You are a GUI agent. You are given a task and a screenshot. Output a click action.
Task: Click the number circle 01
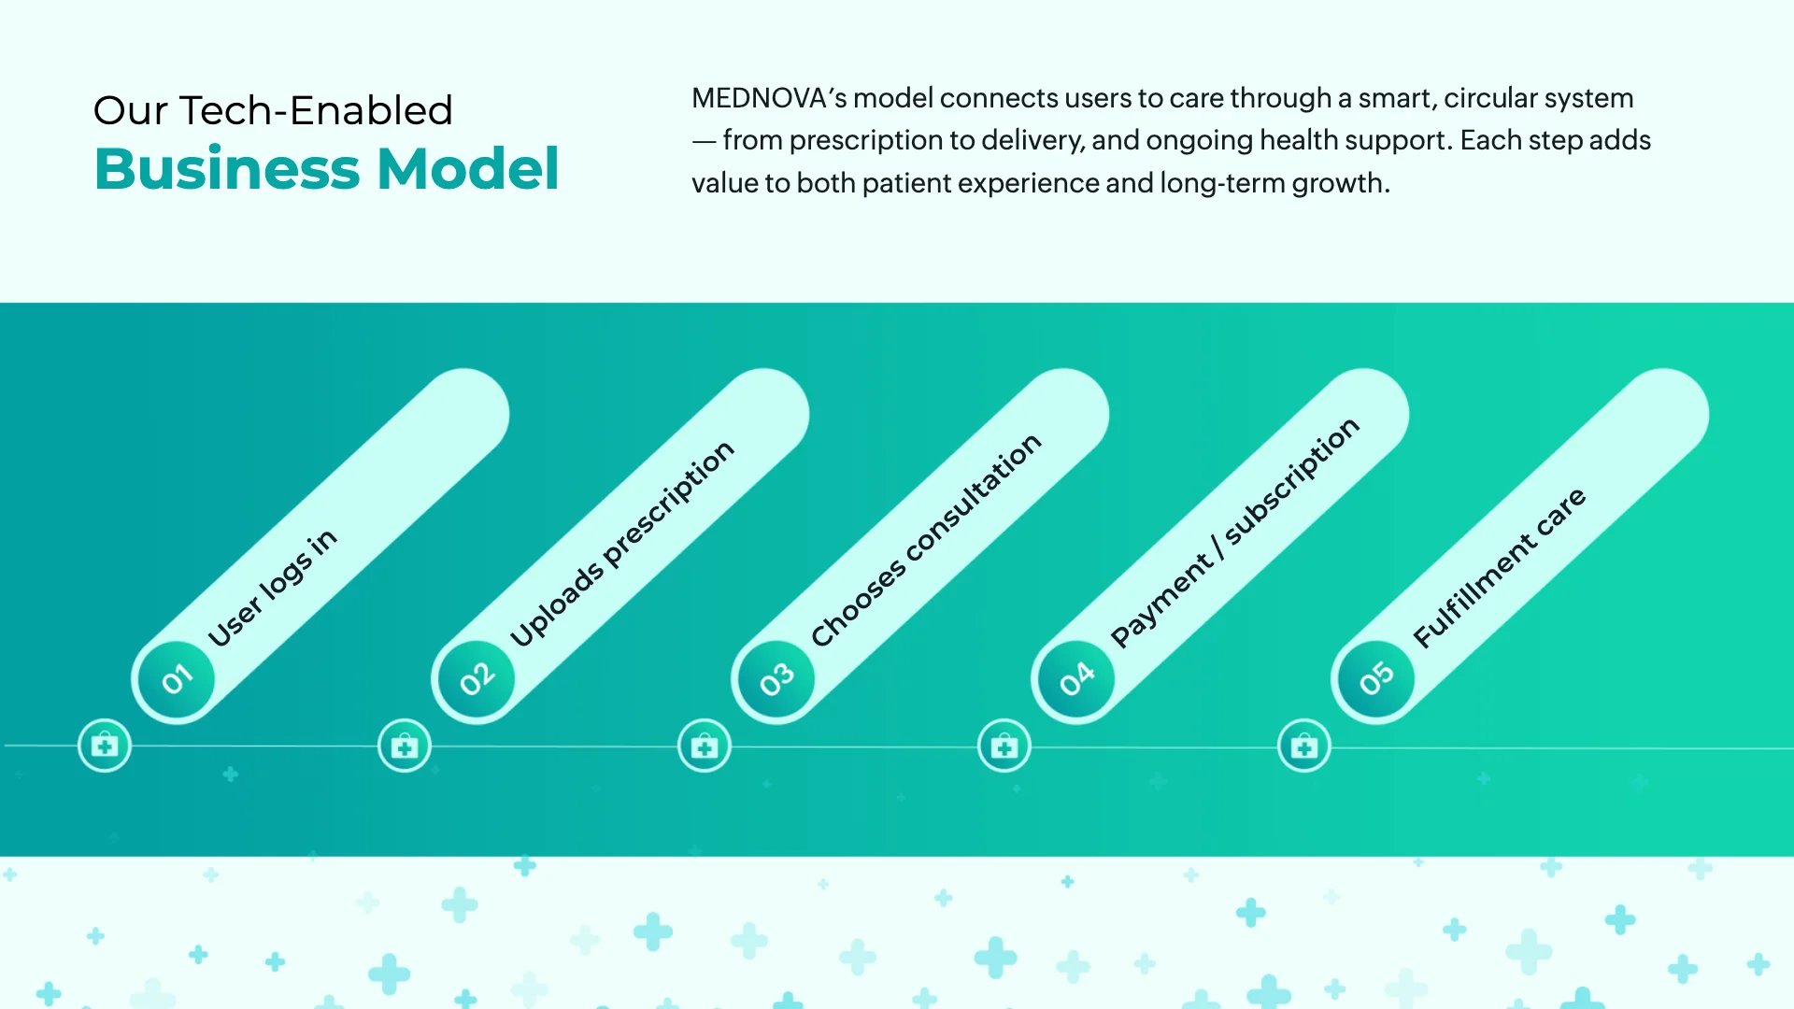pyautogui.click(x=177, y=679)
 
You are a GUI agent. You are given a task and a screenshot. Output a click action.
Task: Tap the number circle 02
pyautogui.click(x=477, y=679)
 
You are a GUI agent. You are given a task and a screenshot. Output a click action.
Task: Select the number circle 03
pyautogui.click(x=776, y=679)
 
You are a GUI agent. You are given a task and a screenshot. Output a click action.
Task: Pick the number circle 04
pyautogui.click(x=1076, y=679)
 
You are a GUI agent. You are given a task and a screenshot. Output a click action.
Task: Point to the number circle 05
pyautogui.click(x=1376, y=679)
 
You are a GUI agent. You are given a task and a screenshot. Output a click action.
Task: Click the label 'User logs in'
pyautogui.click(x=272, y=589)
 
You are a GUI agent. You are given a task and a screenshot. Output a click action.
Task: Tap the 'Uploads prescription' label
pyautogui.click(x=622, y=544)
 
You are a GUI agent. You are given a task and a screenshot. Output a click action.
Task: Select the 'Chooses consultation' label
pyautogui.click(x=926, y=540)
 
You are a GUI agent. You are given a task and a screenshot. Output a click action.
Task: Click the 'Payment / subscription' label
pyautogui.click(x=1234, y=533)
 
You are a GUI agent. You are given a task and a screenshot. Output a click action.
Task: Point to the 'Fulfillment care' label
pyautogui.click(x=1499, y=568)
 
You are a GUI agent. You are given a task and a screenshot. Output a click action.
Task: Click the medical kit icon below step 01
pyautogui.click(x=105, y=746)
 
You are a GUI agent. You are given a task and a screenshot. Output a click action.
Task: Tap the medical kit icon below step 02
pyautogui.click(x=405, y=746)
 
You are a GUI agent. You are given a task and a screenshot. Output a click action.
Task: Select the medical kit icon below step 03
pyautogui.click(x=705, y=746)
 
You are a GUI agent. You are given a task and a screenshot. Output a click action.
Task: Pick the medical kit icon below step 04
pyautogui.click(x=1004, y=746)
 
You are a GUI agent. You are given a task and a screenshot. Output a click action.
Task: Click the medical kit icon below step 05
pyautogui.click(x=1304, y=746)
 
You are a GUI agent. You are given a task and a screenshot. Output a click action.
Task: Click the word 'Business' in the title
pyautogui.click(x=227, y=169)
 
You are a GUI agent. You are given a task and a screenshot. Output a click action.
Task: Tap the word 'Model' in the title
pyautogui.click(x=467, y=169)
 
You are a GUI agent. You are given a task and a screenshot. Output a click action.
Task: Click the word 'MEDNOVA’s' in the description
pyautogui.click(x=768, y=98)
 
